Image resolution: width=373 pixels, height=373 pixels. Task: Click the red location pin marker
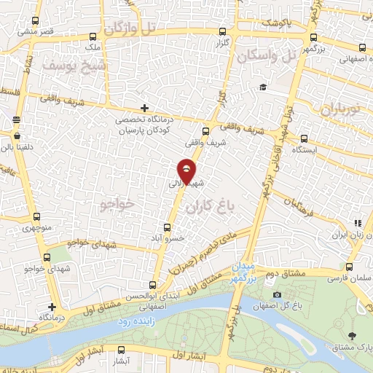tap(186, 172)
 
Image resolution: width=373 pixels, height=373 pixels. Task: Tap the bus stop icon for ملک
tap(92, 36)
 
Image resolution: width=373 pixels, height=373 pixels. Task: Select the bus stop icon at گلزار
tap(222, 31)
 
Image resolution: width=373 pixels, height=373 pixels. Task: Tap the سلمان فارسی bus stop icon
tap(350, 267)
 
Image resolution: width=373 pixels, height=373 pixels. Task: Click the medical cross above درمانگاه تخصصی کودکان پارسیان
tap(144, 108)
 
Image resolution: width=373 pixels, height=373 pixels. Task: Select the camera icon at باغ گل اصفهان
tap(277, 294)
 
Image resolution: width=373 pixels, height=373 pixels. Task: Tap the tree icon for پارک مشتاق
tap(353, 335)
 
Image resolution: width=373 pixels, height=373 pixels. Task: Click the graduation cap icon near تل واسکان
tap(262, 87)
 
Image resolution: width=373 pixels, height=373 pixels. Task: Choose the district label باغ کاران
tap(212, 208)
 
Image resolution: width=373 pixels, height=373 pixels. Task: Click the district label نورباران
tap(340, 109)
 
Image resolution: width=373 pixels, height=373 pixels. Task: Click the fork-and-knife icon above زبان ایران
tap(357, 223)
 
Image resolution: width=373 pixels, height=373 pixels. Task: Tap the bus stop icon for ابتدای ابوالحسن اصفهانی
tap(152, 285)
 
